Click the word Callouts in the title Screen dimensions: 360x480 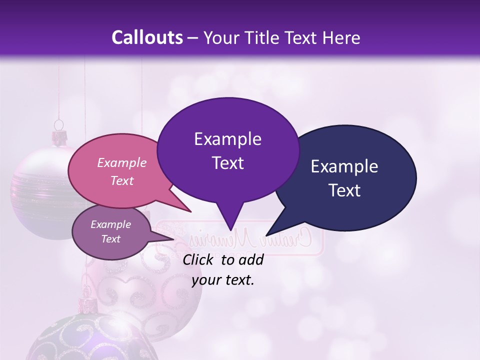[147, 37]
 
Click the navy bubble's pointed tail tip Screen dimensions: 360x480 [267, 235]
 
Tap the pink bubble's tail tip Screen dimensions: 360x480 [190, 211]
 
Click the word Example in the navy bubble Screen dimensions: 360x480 [344, 166]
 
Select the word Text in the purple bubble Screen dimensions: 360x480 [227, 163]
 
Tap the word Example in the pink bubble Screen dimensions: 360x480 [122, 162]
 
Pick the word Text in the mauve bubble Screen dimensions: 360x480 [111, 239]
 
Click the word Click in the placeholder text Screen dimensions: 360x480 [199, 259]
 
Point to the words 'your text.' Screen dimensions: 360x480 [223, 280]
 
